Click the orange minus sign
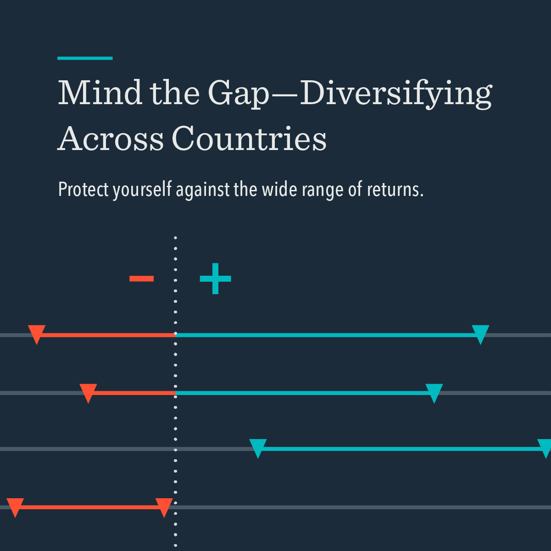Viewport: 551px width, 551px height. [x=141, y=278]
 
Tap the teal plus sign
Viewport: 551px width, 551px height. [x=215, y=278]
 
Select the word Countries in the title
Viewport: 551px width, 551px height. [x=249, y=139]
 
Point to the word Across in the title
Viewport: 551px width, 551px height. [x=111, y=139]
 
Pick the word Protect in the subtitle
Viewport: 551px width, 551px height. [x=83, y=189]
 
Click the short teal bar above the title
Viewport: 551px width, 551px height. [x=85, y=58]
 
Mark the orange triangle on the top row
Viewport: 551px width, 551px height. [x=37, y=333]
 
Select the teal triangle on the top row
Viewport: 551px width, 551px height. [x=480, y=333]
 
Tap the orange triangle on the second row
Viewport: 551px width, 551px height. [x=88, y=392]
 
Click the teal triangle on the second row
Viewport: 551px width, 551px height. [x=434, y=392]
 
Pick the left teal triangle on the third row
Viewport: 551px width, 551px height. [x=258, y=447]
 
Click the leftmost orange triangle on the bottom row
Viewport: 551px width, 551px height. [x=15, y=506]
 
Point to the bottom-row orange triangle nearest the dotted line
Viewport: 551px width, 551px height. [x=164, y=506]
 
